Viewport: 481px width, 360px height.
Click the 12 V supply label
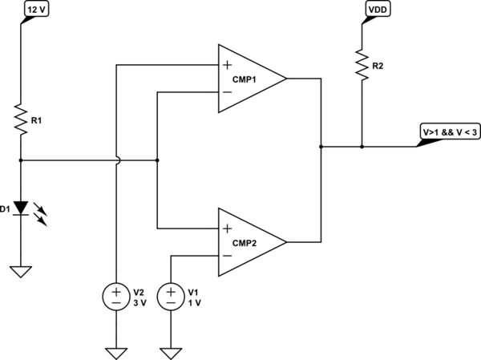37,9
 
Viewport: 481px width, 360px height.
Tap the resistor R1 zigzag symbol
20,120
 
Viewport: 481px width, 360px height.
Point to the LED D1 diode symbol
20,209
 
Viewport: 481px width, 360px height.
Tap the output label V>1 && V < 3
447,132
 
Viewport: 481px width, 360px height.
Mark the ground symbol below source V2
116,352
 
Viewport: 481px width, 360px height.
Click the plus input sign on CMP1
228,64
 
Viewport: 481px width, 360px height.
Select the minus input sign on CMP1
228,93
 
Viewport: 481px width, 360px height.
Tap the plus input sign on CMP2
228,227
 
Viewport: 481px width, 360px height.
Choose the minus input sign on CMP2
228,256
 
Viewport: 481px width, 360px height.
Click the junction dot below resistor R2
362,147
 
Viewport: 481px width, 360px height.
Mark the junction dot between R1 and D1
20,160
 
